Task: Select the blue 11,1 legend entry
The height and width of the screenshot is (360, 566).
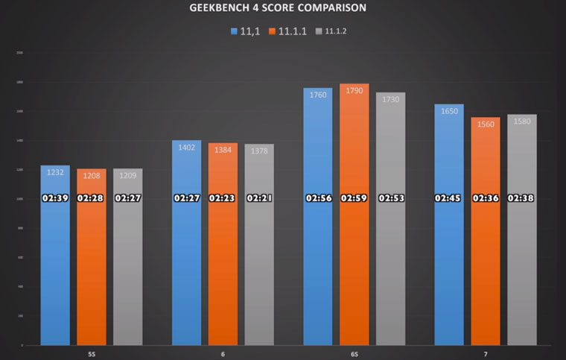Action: (x=244, y=31)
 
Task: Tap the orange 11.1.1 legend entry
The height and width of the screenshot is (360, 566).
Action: (x=291, y=31)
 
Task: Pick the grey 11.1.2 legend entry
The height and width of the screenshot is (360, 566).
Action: (x=333, y=31)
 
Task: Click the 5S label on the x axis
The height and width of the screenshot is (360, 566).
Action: (x=92, y=353)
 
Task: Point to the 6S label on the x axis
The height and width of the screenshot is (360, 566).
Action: (x=354, y=353)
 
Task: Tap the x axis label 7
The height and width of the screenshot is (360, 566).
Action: (x=485, y=353)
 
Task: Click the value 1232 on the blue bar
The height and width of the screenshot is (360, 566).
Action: (x=55, y=173)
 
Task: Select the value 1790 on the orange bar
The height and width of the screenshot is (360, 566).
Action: (x=354, y=91)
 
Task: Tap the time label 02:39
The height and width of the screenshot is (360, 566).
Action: (x=55, y=198)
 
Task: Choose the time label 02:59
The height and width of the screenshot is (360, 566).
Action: (x=354, y=198)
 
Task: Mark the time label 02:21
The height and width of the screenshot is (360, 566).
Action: (x=259, y=198)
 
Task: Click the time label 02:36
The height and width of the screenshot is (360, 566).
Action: (x=485, y=198)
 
